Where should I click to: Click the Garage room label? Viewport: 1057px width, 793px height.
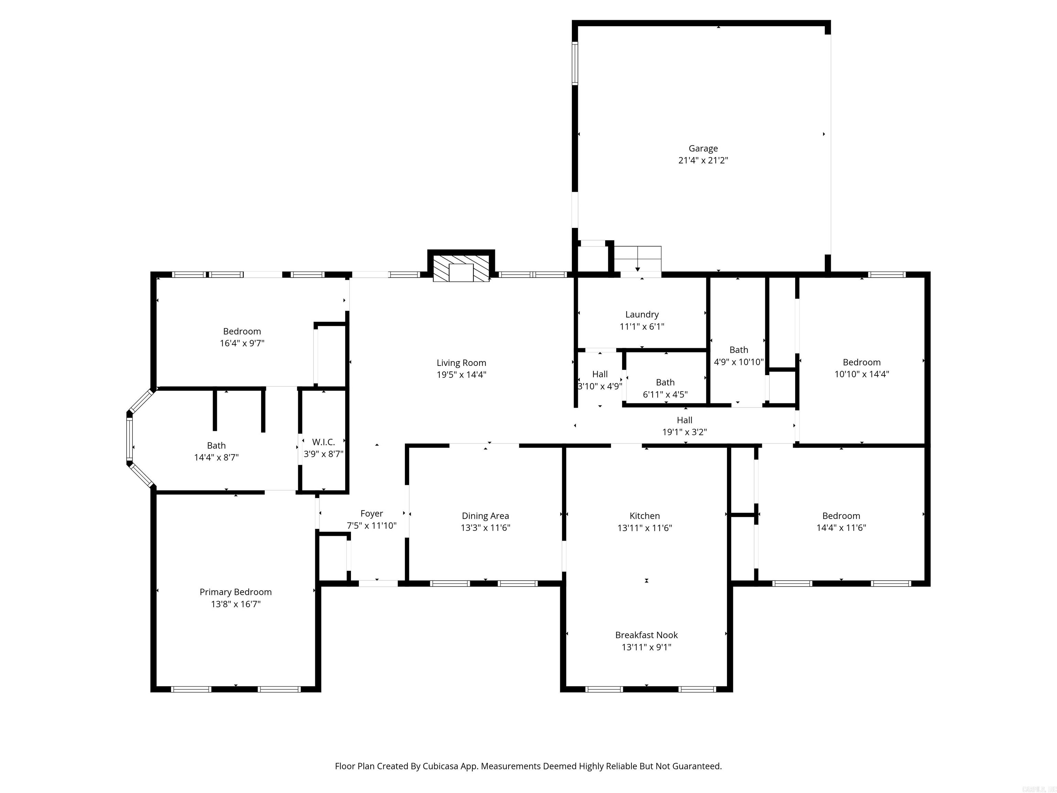pyautogui.click(x=703, y=149)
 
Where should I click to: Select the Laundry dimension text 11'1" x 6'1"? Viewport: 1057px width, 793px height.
pyautogui.click(x=642, y=327)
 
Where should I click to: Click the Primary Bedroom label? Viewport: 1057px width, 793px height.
pyautogui.click(x=236, y=592)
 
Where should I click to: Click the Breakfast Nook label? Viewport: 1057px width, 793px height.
pyautogui.click(x=646, y=635)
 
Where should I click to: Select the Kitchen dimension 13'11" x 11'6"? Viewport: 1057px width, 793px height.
pyautogui.click(x=644, y=528)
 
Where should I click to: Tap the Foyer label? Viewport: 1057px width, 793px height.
pyautogui.click(x=371, y=514)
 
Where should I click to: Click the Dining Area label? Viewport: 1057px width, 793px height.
pyautogui.click(x=485, y=516)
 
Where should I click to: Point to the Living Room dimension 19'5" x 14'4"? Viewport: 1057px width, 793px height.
pyautogui.click(x=461, y=375)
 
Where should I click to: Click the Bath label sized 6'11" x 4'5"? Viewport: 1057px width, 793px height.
pyautogui.click(x=665, y=382)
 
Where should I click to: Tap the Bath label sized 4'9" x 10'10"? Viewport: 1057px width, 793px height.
pyautogui.click(x=738, y=350)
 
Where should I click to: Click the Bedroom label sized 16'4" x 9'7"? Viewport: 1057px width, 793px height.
pyautogui.click(x=242, y=331)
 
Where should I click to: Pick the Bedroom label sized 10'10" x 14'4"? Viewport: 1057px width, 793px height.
pyautogui.click(x=861, y=362)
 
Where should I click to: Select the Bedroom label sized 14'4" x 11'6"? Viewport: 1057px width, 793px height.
pyautogui.click(x=841, y=516)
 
